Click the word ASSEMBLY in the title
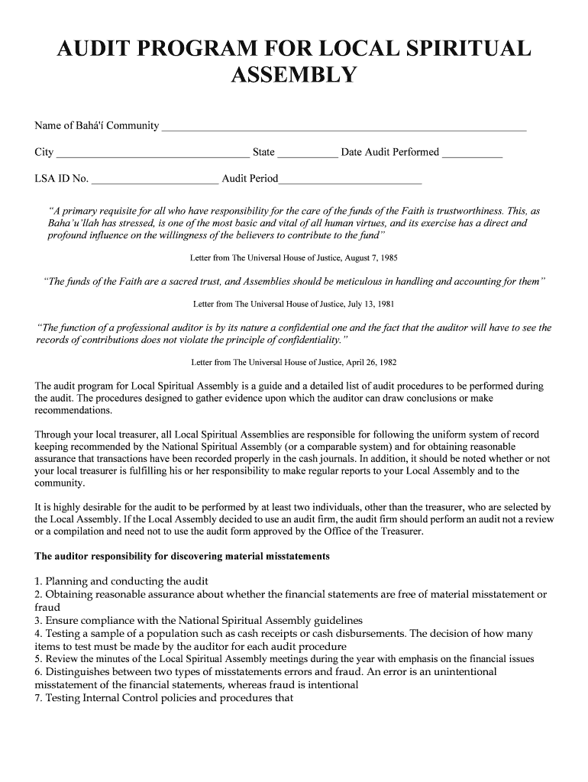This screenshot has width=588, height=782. coord(293,75)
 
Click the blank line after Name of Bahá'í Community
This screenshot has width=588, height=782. coord(344,126)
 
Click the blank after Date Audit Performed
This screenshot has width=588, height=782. coord(472,153)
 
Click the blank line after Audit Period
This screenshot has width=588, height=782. coord(351,180)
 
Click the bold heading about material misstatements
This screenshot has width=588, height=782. coord(183,557)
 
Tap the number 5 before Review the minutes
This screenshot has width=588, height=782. coord(37,658)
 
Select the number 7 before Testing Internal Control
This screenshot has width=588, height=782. coord(37,697)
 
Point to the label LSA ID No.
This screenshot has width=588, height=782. coord(62,180)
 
